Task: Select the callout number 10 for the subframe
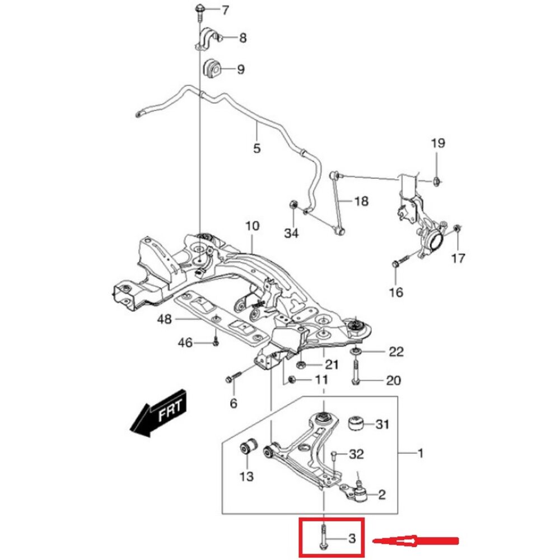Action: (252, 227)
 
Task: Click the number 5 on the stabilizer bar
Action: (256, 148)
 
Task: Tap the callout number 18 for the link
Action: (361, 201)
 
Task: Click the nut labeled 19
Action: (437, 180)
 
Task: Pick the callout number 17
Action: (458, 258)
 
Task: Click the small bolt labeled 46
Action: (215, 341)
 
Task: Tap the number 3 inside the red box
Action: (352, 539)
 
